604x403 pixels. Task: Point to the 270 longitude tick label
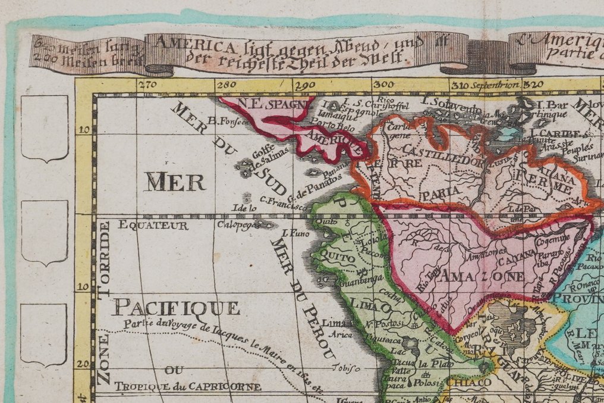pyautogui.click(x=146, y=85)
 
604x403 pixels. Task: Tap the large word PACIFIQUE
pyautogui.click(x=177, y=308)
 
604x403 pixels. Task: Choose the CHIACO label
pyautogui.click(x=468, y=382)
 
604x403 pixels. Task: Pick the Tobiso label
pyautogui.click(x=339, y=367)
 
